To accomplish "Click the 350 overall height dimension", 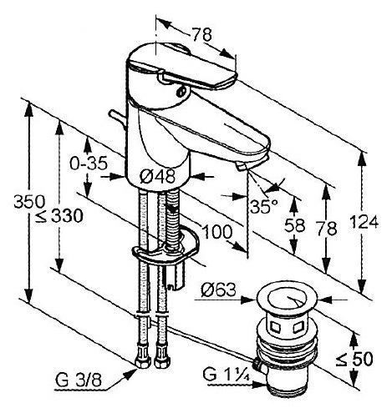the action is tap(29, 201).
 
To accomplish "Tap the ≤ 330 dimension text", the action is tap(59, 215).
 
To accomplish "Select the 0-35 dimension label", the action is tap(89, 164).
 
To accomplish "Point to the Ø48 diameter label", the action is tap(157, 176).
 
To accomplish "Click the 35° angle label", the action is tap(264, 206).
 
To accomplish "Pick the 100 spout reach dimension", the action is tap(217, 231).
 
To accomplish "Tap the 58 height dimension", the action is tap(295, 225).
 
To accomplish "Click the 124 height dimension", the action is tap(364, 222).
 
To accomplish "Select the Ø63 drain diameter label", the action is tap(218, 290).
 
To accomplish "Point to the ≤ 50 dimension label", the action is tap(354, 359).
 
